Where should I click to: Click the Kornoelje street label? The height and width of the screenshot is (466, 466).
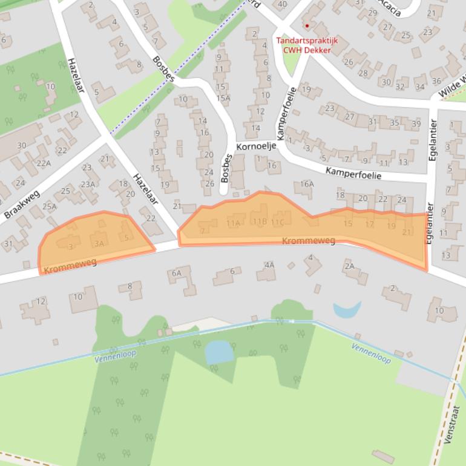point(256,146)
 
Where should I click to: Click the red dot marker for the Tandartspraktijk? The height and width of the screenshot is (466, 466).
point(307,26)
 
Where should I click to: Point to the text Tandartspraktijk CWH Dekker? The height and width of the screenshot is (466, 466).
point(307,45)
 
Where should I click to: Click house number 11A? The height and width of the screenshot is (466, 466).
point(233,223)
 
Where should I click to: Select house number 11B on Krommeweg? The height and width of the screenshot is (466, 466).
point(260,221)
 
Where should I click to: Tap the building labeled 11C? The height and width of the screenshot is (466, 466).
point(278,222)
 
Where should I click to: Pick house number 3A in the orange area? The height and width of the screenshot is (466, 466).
point(100,243)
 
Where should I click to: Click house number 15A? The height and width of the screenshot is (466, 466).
point(223,98)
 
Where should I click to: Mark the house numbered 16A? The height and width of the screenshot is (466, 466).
point(307,184)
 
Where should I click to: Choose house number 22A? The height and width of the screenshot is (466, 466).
point(44,163)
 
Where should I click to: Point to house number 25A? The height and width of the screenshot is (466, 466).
point(49,206)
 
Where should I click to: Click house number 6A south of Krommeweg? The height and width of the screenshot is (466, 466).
point(176,273)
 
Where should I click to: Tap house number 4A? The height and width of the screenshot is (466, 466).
point(269,264)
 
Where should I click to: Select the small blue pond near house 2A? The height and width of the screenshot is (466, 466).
point(346,309)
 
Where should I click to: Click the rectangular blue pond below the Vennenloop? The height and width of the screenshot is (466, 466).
point(218,352)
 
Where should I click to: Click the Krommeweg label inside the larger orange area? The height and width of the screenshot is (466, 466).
point(309,241)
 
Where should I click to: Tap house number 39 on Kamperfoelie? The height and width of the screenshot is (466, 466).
point(416,124)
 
